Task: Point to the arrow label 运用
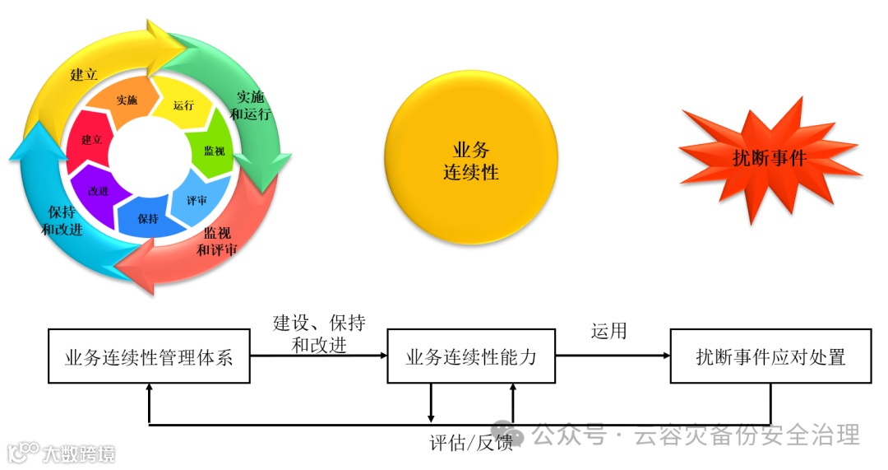(x=608, y=331)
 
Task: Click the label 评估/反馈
(x=471, y=442)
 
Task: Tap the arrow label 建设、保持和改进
(x=319, y=333)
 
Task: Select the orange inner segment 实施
(x=127, y=100)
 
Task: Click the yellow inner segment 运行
(x=184, y=105)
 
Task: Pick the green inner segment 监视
(x=214, y=151)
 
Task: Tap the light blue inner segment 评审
(x=197, y=200)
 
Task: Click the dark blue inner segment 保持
(x=148, y=219)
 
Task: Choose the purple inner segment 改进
(x=98, y=191)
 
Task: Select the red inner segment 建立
(x=91, y=140)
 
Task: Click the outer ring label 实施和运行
(x=250, y=105)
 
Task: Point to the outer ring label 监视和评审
(x=217, y=240)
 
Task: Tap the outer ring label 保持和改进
(x=62, y=220)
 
